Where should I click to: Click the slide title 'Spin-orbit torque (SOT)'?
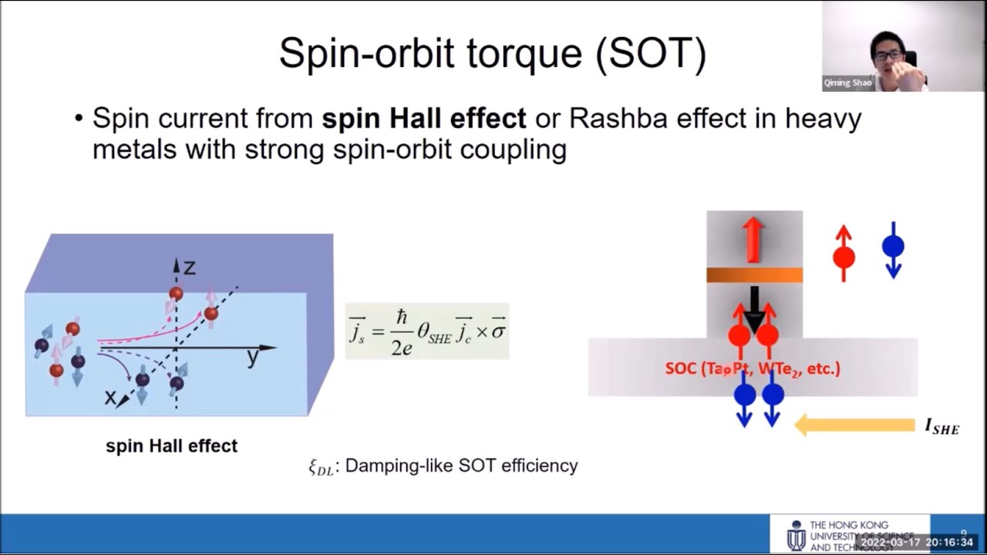(x=492, y=55)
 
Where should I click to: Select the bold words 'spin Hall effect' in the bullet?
(x=423, y=119)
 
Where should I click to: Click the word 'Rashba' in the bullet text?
(x=620, y=119)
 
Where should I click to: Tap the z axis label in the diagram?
(x=189, y=267)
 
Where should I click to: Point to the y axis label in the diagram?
(x=253, y=358)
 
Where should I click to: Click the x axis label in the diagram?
(x=110, y=397)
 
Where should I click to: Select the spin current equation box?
(x=427, y=331)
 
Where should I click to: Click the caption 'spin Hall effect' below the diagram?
(x=171, y=446)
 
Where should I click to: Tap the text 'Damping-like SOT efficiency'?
(x=461, y=466)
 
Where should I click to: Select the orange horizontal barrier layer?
(x=754, y=275)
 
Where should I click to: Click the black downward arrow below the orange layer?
(x=754, y=307)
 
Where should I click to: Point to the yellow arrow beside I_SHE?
(x=854, y=425)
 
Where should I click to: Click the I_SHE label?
(x=942, y=426)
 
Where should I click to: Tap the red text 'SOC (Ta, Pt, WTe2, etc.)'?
(x=753, y=368)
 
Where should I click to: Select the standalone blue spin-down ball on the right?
(x=893, y=247)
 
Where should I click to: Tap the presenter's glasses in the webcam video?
(x=888, y=55)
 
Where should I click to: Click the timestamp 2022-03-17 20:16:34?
(x=916, y=543)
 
